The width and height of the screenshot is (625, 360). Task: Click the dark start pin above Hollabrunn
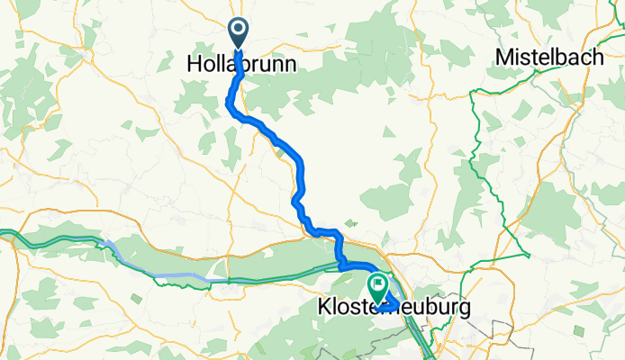pos(239,32)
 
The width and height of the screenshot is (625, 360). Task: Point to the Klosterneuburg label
pos(394,308)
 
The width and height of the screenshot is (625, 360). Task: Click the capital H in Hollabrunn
pos(194,66)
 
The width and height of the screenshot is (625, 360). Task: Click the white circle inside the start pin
pos(239,29)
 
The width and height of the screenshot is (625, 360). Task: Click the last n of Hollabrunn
pos(289,67)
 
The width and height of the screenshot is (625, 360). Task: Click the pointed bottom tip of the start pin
pos(239,48)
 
